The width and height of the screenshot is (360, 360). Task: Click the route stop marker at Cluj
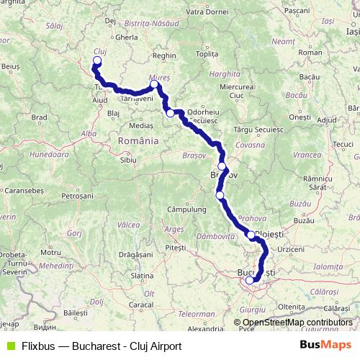tap(97, 60)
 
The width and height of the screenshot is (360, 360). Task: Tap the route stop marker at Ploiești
tap(251, 235)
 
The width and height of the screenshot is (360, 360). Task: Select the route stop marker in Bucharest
tap(250, 281)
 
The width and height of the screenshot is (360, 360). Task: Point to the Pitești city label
tap(175, 247)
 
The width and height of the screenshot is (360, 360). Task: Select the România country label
tap(138, 141)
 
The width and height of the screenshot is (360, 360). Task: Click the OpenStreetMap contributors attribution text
tap(297, 323)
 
